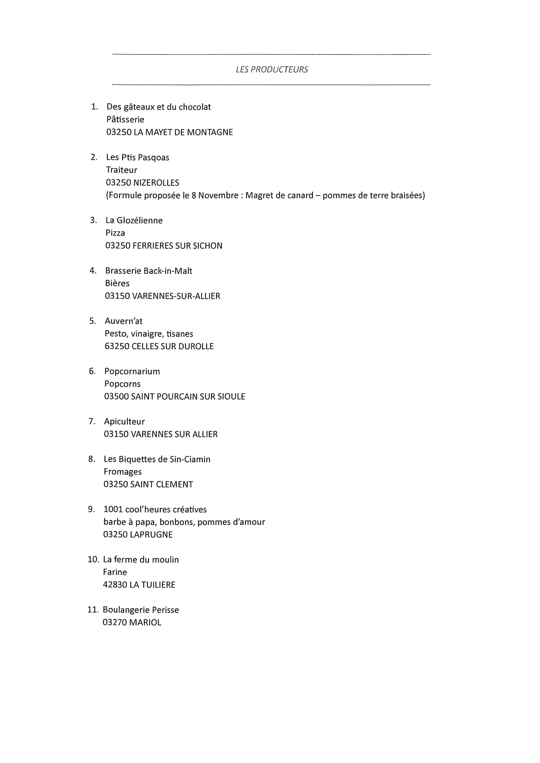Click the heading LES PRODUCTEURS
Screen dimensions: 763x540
272,69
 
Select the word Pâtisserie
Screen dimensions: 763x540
125,120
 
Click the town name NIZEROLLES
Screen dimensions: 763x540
156,183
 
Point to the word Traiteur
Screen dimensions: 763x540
122,170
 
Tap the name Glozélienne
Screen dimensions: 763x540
140,221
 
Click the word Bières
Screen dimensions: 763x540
117,284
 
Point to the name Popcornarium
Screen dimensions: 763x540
132,372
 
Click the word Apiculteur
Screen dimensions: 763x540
124,422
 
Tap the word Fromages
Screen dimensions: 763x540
123,472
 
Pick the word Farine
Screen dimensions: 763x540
115,572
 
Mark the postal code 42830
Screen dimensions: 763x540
115,585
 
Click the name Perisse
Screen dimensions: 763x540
165,610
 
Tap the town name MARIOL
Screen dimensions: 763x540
145,622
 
